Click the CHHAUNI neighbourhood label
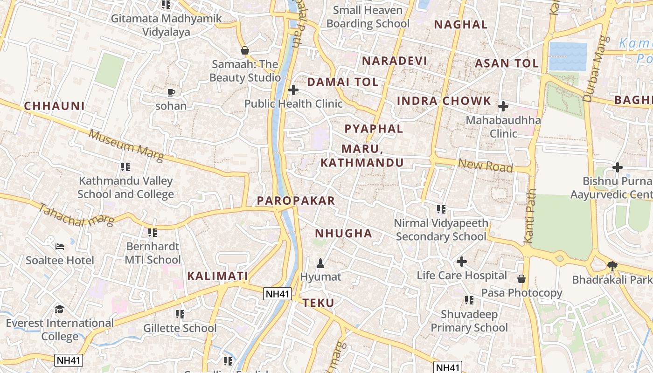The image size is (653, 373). tap(55, 106)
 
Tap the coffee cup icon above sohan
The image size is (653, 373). tap(171, 92)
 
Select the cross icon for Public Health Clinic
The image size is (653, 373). tap(293, 90)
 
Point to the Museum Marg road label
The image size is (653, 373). tap(126, 145)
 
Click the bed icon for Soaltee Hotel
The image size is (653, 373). tap(60, 246)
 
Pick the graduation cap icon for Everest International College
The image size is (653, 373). tap(59, 309)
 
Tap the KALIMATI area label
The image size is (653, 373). tap(217, 276)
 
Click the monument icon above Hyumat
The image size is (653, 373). tap(320, 263)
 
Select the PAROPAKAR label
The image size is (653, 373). tap(296, 201)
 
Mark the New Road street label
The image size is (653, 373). tap(485, 166)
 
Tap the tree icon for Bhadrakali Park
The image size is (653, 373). tap(612, 266)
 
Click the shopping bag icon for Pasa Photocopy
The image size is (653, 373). tap(521, 279)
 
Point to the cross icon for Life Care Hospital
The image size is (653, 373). tap(462, 262)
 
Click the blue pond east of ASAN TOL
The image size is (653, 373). tap(568, 56)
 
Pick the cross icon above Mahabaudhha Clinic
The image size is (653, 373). tap(503, 106)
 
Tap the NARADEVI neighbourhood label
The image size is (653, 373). tap(395, 61)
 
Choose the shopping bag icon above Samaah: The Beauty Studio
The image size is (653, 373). tap(245, 50)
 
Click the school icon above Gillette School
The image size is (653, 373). tap(180, 314)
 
